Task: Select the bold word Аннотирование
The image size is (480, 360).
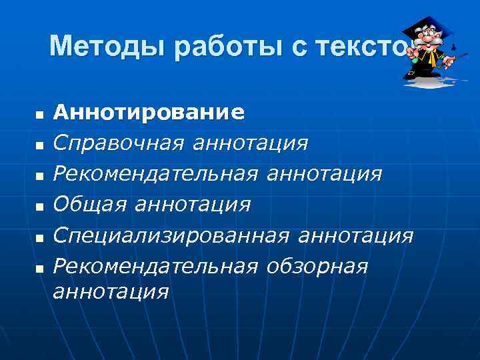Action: pyautogui.click(x=149, y=111)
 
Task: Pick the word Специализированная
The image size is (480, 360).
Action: pyautogui.click(x=171, y=235)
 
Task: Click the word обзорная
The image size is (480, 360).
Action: pyautogui.click(x=317, y=266)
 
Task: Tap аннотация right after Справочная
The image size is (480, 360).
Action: pyautogui.click(x=251, y=142)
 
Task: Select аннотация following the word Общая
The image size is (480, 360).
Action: pyautogui.click(x=193, y=204)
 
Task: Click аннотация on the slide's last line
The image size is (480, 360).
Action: pyautogui.click(x=110, y=291)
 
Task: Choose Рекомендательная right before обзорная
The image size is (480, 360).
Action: pyautogui.click(x=155, y=266)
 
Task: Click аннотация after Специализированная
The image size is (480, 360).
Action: pyautogui.click(x=357, y=235)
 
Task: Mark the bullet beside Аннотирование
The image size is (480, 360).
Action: pyautogui.click(x=39, y=115)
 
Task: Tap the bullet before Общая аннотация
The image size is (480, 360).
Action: pyautogui.click(x=39, y=207)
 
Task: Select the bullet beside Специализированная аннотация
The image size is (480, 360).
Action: pyautogui.click(x=39, y=239)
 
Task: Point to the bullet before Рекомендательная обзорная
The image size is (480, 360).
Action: pyautogui.click(x=39, y=269)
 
